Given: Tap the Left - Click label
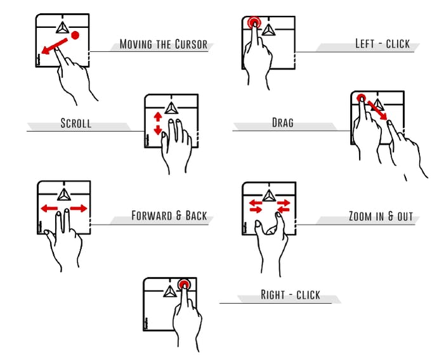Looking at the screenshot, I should pyautogui.click(x=382, y=44).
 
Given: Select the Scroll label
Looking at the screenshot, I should pyautogui.click(x=76, y=123).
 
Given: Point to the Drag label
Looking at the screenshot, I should pyautogui.click(x=282, y=122).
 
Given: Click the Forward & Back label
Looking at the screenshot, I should pyautogui.click(x=169, y=215).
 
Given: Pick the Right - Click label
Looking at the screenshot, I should pyautogui.click(x=291, y=295).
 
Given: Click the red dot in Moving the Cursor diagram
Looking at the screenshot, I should pyautogui.click(x=75, y=34).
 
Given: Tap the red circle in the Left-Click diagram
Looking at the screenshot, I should pyautogui.click(x=254, y=23).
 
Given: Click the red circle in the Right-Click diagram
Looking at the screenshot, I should pyautogui.click(x=185, y=285).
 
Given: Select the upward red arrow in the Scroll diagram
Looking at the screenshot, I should pyautogui.click(x=158, y=118).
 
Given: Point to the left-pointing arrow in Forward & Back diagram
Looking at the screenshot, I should pyautogui.click(x=49, y=208).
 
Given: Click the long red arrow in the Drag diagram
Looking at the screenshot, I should pyautogui.click(x=377, y=112).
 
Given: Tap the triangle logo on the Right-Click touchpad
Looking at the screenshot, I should pyautogui.click(x=169, y=290).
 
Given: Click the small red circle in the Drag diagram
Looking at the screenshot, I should pyautogui.click(x=361, y=99).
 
